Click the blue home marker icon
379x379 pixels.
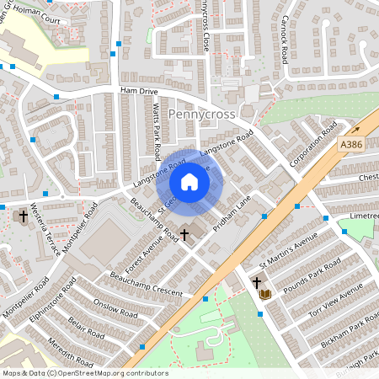click(189, 182)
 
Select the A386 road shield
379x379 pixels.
click(352, 145)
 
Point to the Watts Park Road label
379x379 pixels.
click(157, 131)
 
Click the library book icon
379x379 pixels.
click(265, 294)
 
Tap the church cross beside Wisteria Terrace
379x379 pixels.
click(23, 217)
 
